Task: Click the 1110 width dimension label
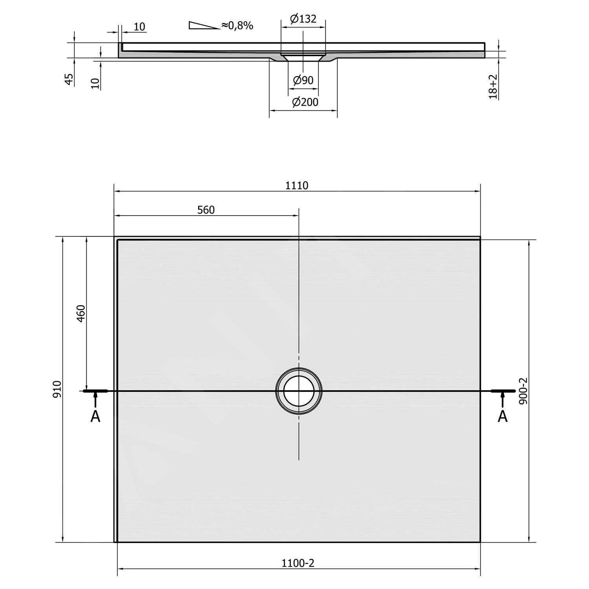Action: pos(297,185)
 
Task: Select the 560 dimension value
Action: pos(206,210)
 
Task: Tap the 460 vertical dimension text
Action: pos(80,313)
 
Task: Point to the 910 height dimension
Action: pos(57,389)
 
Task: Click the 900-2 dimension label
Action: pos(523,391)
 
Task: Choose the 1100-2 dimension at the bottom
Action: pos(298,563)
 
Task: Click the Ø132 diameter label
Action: pos(303,18)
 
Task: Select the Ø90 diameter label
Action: pos(303,80)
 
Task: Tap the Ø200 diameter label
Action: pos(305,102)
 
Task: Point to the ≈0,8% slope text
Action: pos(237,26)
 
